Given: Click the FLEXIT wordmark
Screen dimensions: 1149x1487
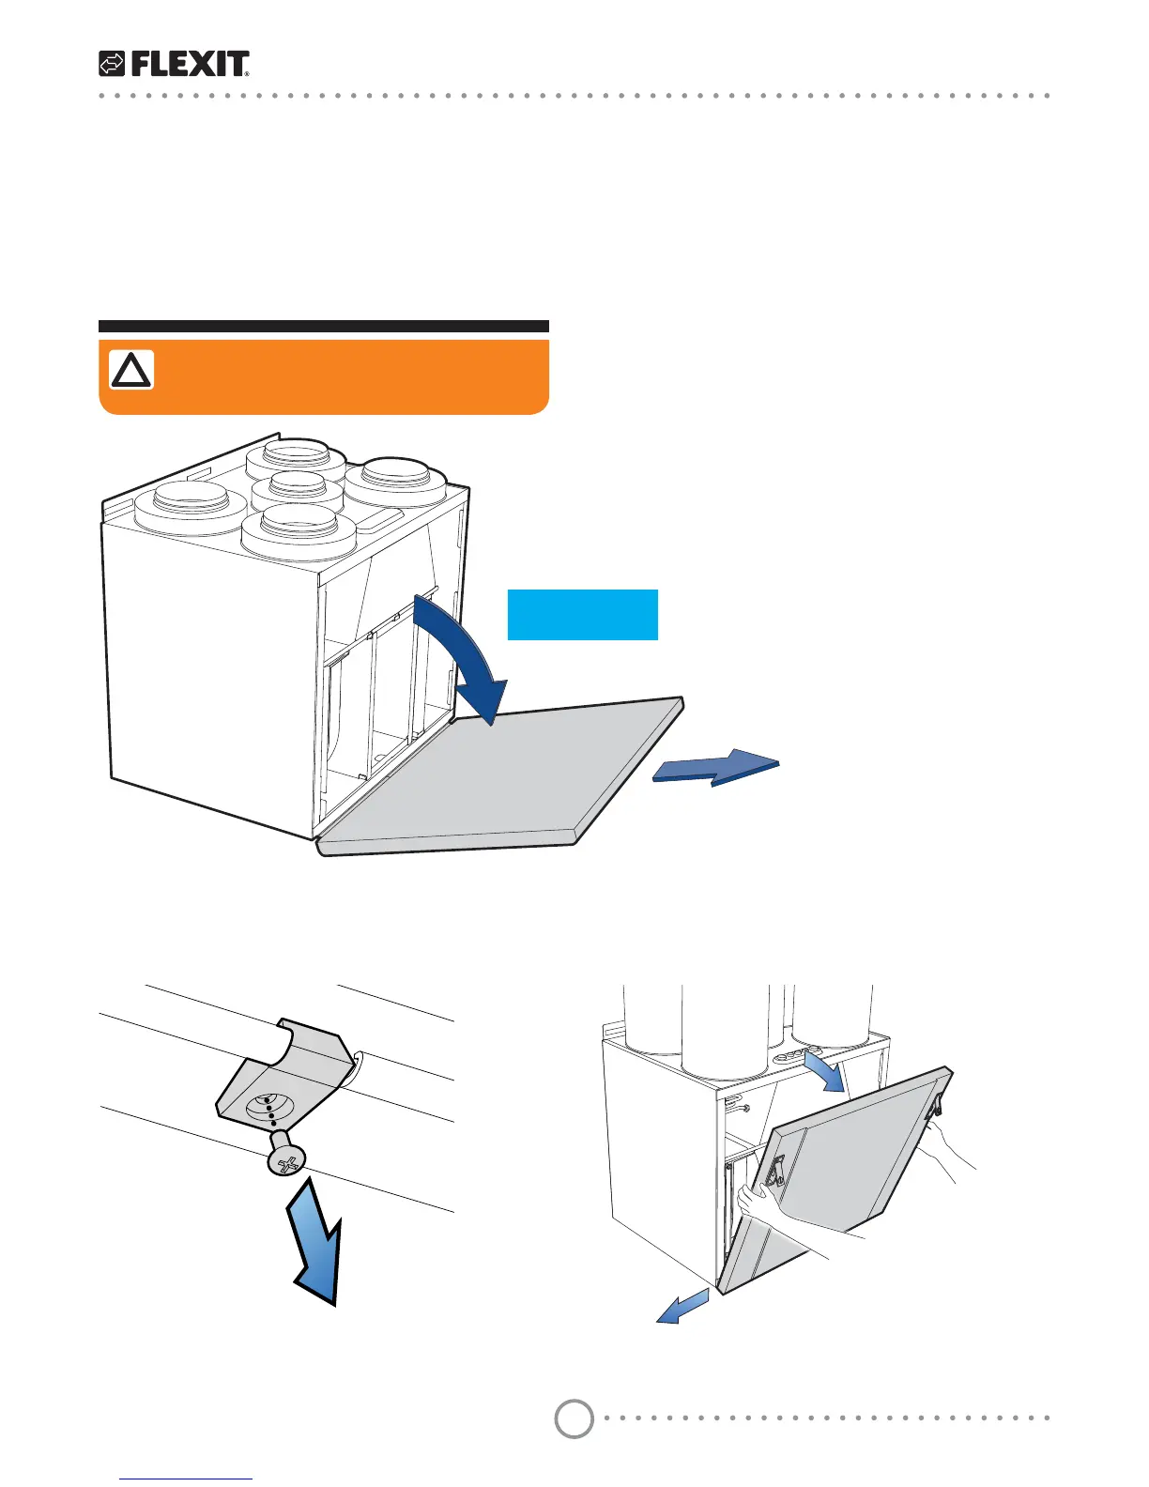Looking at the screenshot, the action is coord(190,64).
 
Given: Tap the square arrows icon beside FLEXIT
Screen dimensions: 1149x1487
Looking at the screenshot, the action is coord(112,64).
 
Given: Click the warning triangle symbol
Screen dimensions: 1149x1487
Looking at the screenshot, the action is coord(131,371).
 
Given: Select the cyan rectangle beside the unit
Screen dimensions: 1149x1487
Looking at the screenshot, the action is coord(582,615).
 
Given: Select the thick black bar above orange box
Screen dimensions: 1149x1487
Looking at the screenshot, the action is coord(323,327).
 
